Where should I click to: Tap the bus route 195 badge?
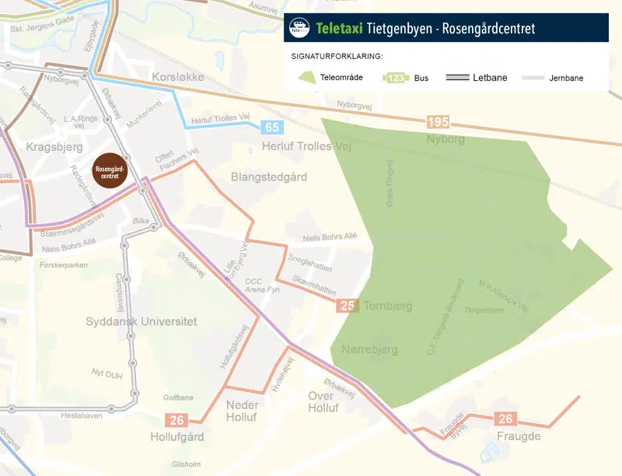tap(438, 123)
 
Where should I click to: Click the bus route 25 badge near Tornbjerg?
tap(348, 306)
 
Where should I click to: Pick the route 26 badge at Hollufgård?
tap(177, 420)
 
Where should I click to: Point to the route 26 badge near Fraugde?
tap(506, 419)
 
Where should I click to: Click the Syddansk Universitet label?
tap(141, 321)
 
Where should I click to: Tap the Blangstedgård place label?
tap(269, 177)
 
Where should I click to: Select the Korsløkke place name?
tap(179, 79)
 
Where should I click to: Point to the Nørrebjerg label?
tap(370, 350)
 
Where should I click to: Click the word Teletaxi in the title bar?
tap(340, 29)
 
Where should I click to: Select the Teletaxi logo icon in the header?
tap(299, 28)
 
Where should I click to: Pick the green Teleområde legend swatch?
tap(307, 78)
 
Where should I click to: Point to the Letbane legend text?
tap(490, 78)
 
